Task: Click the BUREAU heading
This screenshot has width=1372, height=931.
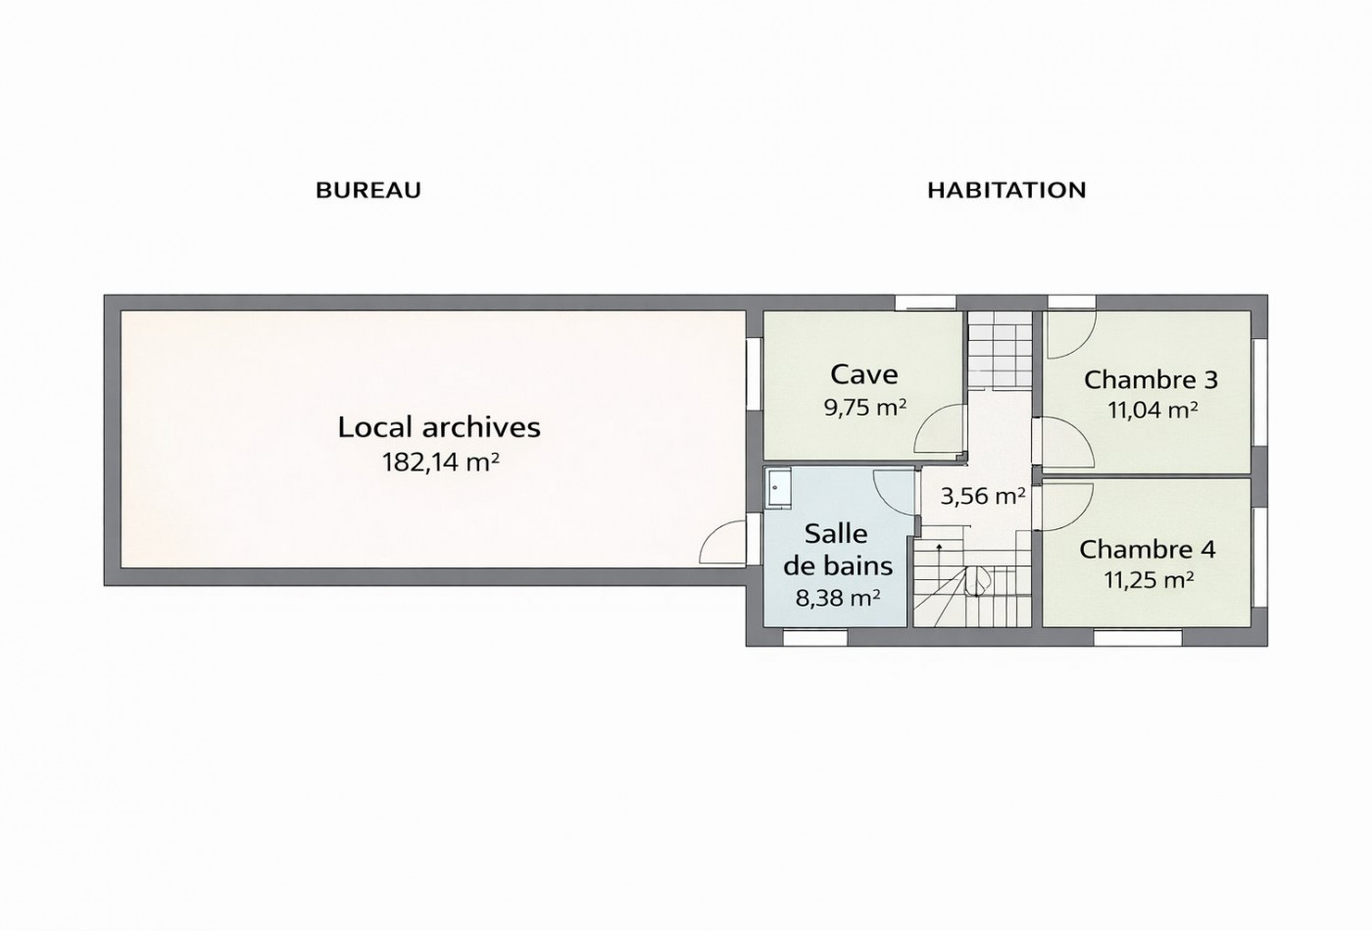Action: pos(368,190)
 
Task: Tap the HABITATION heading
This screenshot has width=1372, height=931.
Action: pos(1006,190)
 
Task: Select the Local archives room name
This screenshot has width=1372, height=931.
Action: pos(439,427)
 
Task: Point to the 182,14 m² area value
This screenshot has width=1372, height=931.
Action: pos(440,463)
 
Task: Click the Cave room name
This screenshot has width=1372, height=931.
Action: pos(864,374)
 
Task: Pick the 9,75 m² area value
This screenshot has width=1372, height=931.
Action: pos(864,408)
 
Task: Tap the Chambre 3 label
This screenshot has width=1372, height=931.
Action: pos(1151,380)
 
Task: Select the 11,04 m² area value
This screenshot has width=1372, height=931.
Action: pos(1152,410)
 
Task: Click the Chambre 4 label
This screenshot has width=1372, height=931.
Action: pos(1148,550)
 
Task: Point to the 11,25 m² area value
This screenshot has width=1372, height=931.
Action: pos(1149,579)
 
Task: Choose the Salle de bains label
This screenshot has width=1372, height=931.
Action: pos(838,550)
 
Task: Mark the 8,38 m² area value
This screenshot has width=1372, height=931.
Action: pos(838,598)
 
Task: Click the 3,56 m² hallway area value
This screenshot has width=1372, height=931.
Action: pos(982,496)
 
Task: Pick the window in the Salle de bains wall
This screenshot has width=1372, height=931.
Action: pos(815,638)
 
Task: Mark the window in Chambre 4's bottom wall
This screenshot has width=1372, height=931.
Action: pos(1138,638)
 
